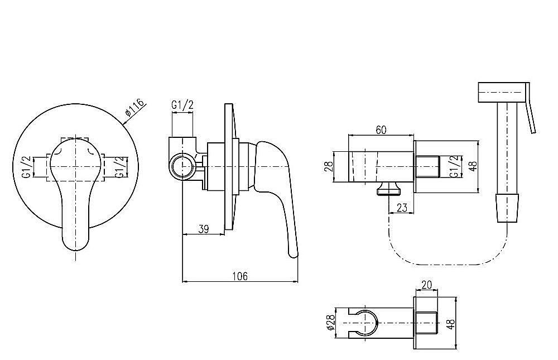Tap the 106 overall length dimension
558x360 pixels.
tap(240, 276)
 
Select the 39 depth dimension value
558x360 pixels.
tap(203, 229)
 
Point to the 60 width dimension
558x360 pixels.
tap(381, 130)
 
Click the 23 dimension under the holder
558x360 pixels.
tap(401, 207)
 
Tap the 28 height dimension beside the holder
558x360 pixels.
tap(328, 167)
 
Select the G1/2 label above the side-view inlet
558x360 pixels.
tap(182, 105)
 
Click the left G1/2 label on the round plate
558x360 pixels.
tap(26, 167)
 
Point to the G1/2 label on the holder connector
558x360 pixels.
tap(454, 166)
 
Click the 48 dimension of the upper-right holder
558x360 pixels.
tap(472, 166)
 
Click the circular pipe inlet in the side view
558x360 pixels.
tap(182, 167)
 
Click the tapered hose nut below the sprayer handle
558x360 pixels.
tap(507, 208)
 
